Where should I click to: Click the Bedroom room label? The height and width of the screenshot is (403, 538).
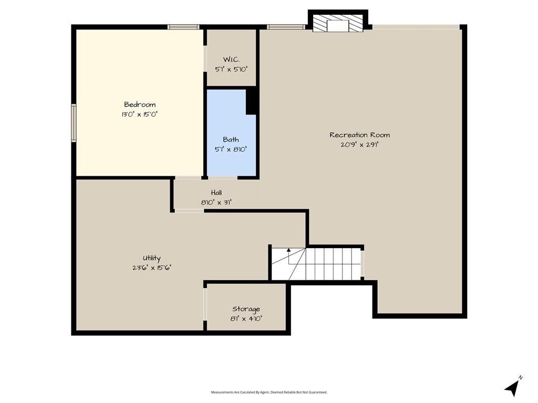pyautogui.click(x=140, y=104)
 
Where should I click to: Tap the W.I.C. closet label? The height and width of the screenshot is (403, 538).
pyautogui.click(x=231, y=60)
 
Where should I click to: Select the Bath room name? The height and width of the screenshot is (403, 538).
pyautogui.click(x=231, y=140)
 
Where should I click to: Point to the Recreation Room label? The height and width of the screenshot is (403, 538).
pyautogui.click(x=359, y=135)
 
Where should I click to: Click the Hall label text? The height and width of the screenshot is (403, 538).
pyautogui.click(x=216, y=193)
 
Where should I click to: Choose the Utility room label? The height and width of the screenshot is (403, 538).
pyautogui.click(x=152, y=258)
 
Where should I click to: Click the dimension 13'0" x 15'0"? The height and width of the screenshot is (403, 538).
pyautogui.click(x=139, y=114)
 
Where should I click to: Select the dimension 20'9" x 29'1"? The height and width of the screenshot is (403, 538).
pyautogui.click(x=359, y=144)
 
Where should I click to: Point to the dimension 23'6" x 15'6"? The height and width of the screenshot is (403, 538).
pyautogui.click(x=152, y=268)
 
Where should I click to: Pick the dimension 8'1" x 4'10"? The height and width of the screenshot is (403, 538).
pyautogui.click(x=246, y=319)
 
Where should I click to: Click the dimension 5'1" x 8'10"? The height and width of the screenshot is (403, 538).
pyautogui.click(x=231, y=149)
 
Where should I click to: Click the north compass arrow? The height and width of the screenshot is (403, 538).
pyautogui.click(x=512, y=388)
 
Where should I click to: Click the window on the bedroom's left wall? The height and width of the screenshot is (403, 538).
pyautogui.click(x=74, y=123)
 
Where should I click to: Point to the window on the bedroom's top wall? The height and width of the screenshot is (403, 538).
pyautogui.click(x=183, y=27)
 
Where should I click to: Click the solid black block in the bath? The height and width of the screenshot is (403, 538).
pyautogui.click(x=252, y=100)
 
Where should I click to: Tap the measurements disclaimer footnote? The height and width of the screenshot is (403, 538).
pyautogui.click(x=269, y=392)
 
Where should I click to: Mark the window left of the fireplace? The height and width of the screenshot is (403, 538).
pyautogui.click(x=286, y=27)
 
